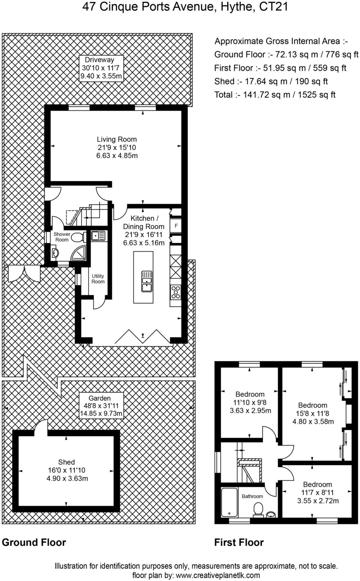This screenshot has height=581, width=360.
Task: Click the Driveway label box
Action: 101,68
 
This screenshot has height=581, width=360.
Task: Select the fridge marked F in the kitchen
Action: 176,226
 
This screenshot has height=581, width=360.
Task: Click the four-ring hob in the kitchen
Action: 176,292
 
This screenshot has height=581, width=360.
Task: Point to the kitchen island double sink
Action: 147,281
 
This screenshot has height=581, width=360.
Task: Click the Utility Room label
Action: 98,279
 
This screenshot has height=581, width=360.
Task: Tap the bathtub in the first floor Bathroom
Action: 229,502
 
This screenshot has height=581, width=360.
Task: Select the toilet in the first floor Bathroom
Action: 258,509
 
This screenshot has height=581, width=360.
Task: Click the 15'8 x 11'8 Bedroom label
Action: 313,413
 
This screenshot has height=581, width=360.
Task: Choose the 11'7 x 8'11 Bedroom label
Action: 317,492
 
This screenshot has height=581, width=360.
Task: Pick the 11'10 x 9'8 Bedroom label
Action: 250,402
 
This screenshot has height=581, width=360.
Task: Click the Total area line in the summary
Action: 275,95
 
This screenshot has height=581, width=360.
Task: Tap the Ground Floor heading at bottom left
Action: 34,542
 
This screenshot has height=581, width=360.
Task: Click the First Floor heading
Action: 239,542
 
